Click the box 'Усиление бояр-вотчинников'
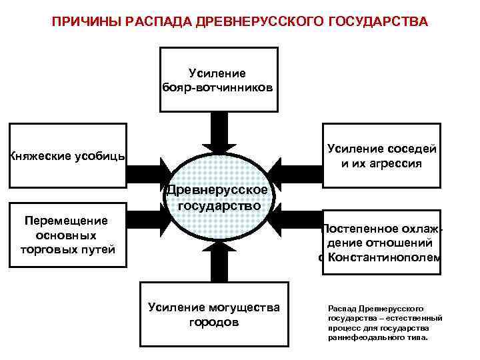tap(219, 80)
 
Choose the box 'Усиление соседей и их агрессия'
tap(381, 155)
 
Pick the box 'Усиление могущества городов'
tap(214, 313)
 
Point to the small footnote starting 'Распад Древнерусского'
tap(377, 323)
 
